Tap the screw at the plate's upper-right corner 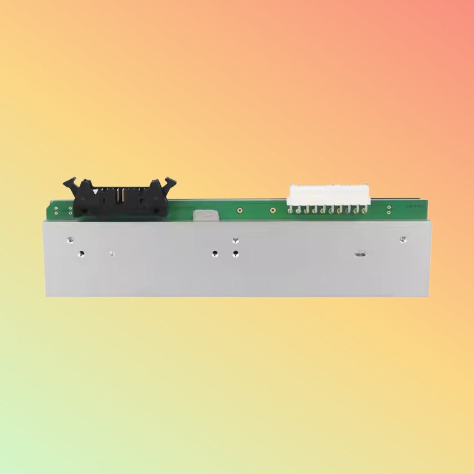(x=403, y=239)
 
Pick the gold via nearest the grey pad (x=240, y=210)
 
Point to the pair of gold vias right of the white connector (x=389, y=210)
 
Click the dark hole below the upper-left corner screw (x=81, y=253)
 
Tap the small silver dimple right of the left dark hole (x=112, y=253)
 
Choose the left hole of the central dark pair (x=215, y=254)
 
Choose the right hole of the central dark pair (x=235, y=254)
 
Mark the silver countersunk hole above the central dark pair (x=235, y=241)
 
